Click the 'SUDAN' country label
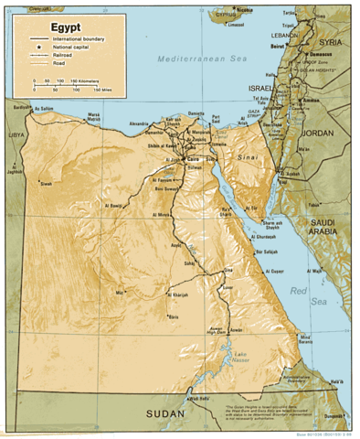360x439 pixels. click(166, 414)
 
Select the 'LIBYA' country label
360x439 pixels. click(16, 135)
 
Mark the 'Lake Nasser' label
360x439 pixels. click(239, 358)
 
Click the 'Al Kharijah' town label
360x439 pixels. click(180, 294)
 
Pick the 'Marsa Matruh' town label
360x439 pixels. click(92, 116)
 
